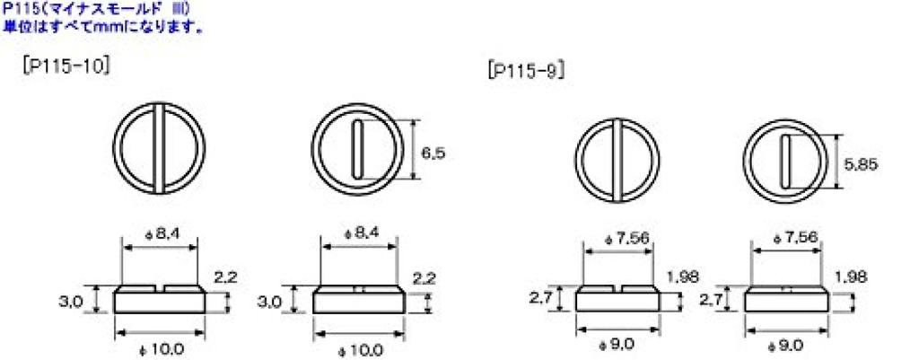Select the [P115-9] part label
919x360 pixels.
525,72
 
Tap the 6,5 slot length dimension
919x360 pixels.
434,154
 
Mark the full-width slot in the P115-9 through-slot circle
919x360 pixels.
617,162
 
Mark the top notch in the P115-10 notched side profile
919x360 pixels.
160,289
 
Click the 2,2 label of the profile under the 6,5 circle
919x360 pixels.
425,278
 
